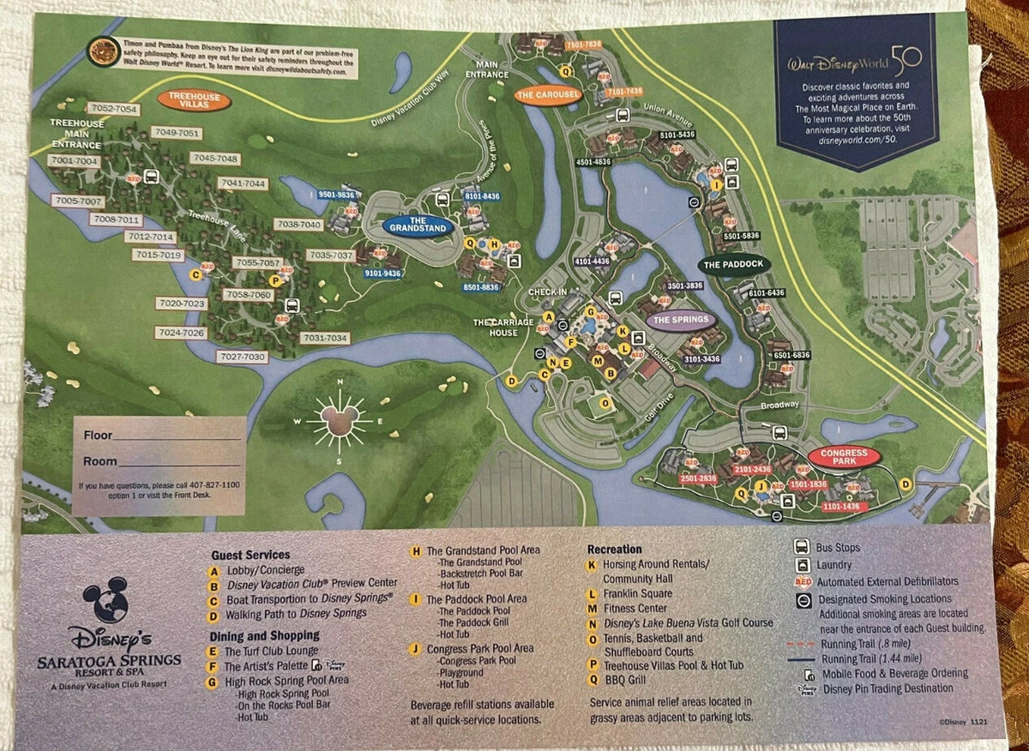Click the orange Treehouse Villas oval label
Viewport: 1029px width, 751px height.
pos(194,100)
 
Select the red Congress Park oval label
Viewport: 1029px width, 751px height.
pos(844,457)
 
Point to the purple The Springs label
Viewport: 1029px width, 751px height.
pos(681,321)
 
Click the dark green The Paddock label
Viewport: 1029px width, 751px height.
pos(734,264)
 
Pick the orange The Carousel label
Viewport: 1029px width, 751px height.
pos(549,93)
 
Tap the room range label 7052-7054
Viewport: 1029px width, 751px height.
pos(113,109)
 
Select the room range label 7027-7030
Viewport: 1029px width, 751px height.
pos(243,357)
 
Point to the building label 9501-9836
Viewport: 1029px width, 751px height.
pos(335,195)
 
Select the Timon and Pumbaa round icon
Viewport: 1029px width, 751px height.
pos(104,51)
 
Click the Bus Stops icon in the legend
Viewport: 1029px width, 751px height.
pos(802,547)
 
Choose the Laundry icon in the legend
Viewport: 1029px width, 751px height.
pos(802,565)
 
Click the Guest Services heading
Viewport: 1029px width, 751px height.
pos(250,555)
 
